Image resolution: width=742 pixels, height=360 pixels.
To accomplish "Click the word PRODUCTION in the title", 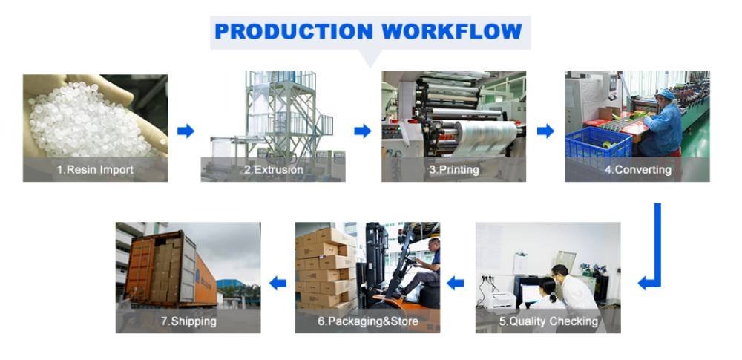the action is (x=292, y=31).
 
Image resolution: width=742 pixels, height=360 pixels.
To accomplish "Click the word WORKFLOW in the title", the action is (x=452, y=31).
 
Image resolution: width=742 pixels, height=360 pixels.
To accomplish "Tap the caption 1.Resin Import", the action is (x=95, y=170).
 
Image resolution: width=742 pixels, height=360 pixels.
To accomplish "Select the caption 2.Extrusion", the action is (x=273, y=170).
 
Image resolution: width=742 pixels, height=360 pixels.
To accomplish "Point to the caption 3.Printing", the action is (x=453, y=170).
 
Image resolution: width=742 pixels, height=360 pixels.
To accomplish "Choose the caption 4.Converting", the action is (x=637, y=170).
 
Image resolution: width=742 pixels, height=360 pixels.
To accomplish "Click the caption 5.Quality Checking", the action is (x=548, y=321).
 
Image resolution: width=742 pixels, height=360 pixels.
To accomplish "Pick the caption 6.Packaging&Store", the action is (x=367, y=321).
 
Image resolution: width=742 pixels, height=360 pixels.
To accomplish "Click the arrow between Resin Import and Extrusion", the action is (x=185, y=131).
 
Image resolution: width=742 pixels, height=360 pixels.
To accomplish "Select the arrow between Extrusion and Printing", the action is (x=362, y=131).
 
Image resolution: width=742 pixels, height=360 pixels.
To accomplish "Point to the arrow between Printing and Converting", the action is (x=545, y=131).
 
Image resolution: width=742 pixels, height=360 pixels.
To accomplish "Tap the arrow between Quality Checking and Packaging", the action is (x=455, y=283).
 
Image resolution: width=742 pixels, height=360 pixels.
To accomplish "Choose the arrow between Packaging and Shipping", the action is (x=278, y=283).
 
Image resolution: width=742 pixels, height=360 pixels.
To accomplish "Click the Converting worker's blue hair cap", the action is (x=667, y=94).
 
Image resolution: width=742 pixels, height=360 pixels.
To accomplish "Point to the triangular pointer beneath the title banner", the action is (x=369, y=58).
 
